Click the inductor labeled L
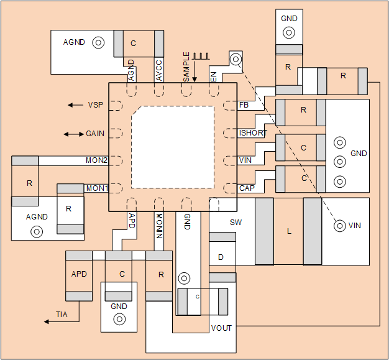point(288,231)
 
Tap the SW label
point(236,222)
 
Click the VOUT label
point(221,328)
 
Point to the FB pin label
point(245,105)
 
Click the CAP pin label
point(247,188)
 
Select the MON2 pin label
point(96,160)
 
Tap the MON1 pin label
point(96,188)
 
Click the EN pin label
point(214,76)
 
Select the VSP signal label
point(95,105)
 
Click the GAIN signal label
point(95,134)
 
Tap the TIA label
point(62,315)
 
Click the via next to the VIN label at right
point(339,226)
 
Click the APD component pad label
point(79,274)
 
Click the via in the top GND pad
point(289,33)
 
